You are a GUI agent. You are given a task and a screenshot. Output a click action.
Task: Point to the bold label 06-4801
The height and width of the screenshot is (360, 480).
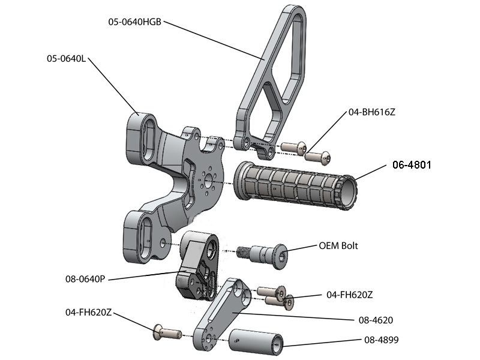pos(412,164)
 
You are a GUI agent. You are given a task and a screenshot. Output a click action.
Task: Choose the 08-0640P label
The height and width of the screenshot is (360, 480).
pos(85,279)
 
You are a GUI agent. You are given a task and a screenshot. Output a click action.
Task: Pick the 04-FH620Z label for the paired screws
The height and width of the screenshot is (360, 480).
pos(350,295)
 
